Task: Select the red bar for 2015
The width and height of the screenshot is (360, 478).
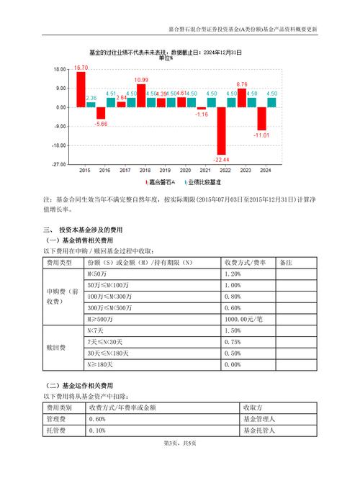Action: point(81,89)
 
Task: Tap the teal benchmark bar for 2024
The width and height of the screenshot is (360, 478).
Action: point(271,102)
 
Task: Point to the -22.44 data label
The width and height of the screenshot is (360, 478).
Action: point(222,159)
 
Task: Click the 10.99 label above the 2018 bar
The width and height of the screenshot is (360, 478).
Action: point(142,80)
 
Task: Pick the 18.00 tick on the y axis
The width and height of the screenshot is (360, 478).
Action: point(60,70)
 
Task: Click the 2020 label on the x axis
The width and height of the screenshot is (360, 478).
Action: point(186,170)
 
